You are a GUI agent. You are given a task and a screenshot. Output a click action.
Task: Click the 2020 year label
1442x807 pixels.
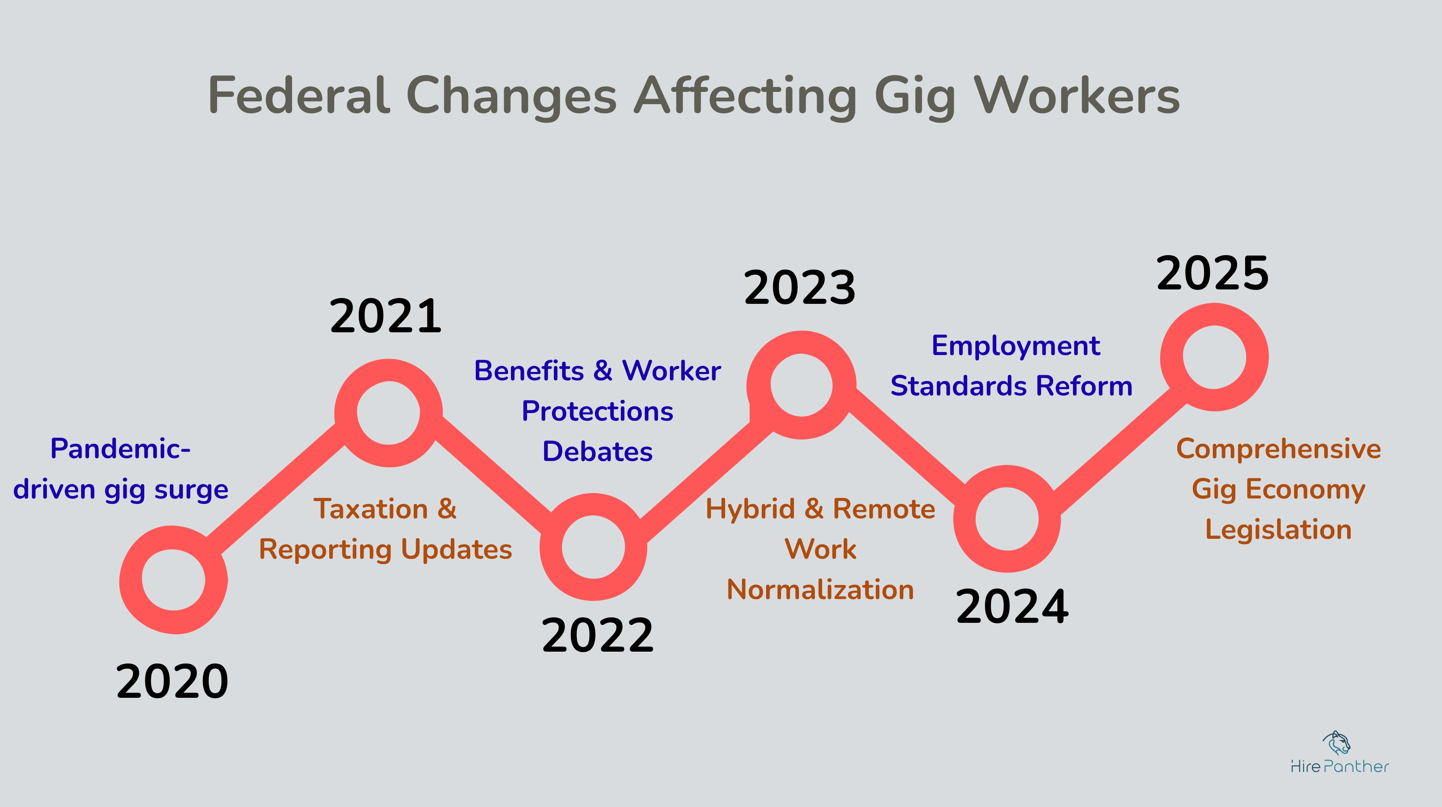coord(172,681)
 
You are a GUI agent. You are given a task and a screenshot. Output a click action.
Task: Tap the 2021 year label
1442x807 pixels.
coord(386,316)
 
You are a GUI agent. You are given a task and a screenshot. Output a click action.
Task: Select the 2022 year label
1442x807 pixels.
coord(597,635)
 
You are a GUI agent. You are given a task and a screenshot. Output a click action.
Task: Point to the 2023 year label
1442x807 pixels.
coord(800,288)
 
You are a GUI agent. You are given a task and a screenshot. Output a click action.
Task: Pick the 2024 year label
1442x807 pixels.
coord(1012,607)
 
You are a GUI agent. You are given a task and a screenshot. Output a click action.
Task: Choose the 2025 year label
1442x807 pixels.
coord(1213,274)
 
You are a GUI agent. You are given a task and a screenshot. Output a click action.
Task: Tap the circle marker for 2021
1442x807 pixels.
coord(388,413)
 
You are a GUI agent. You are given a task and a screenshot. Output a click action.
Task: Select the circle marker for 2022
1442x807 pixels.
coord(594,547)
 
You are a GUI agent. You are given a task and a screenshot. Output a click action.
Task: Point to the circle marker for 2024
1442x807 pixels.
coord(1007,519)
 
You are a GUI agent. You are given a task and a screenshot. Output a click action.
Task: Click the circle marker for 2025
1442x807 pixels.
coord(1214,357)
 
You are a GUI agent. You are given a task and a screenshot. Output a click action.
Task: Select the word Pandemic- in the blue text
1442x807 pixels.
coord(120,449)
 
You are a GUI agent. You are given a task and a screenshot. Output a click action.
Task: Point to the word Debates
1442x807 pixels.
coord(597,452)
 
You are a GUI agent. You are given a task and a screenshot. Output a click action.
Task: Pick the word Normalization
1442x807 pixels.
coord(820,590)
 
